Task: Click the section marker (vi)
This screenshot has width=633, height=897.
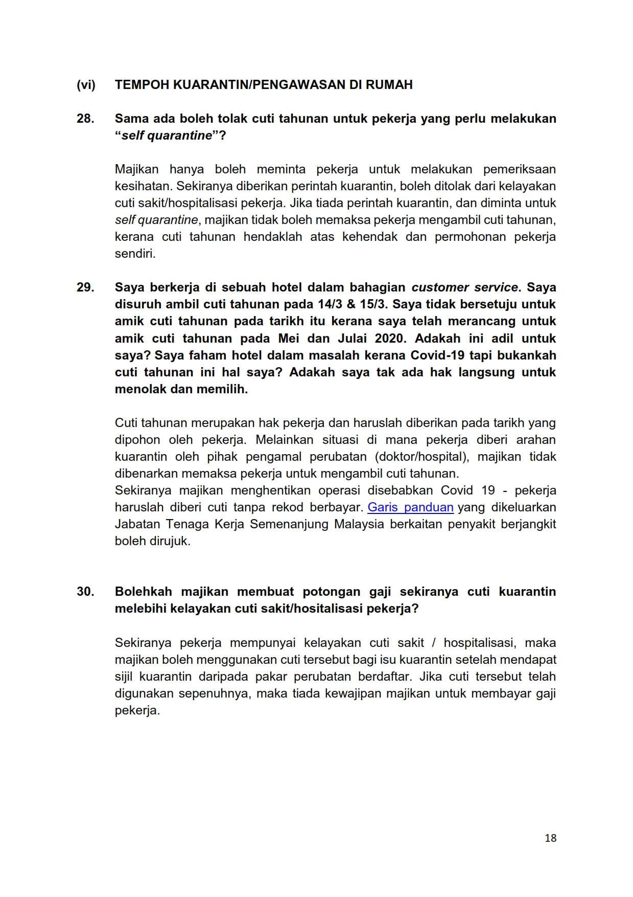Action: coord(86,85)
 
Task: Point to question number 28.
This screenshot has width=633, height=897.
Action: coord(85,119)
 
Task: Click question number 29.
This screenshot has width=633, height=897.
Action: coord(85,287)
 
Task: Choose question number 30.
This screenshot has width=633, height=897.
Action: coord(85,592)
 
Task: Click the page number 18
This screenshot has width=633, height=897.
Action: coord(550,838)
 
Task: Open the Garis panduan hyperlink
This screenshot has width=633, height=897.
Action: coord(410,507)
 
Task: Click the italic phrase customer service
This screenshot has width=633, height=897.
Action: coord(464,287)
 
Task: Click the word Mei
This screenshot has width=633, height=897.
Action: coord(289,339)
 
